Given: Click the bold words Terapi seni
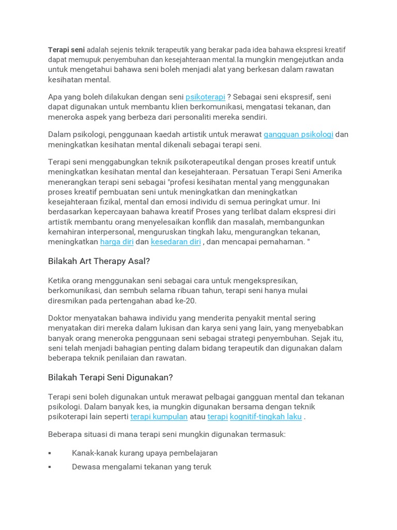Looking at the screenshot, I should coord(66,50).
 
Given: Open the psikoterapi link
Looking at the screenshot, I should coord(205,97).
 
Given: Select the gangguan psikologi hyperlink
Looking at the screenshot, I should coord(298,135).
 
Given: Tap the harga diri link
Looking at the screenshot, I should coord(117,242).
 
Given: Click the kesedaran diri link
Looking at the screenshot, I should coord(176,242).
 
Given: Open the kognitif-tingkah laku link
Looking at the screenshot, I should coord(266,417).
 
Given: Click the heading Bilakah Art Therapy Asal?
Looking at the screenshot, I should coord(99,261).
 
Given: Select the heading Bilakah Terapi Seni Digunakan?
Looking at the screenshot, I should coord(110,377).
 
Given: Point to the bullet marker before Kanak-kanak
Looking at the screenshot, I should coord(50,453).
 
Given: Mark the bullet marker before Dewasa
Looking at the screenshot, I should coord(50,467).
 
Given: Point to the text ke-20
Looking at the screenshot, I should coord(186,301).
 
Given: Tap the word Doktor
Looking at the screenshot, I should coord(61,318).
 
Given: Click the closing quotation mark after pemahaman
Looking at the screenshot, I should coord(309,242).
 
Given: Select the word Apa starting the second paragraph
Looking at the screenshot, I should coord(55,97).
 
